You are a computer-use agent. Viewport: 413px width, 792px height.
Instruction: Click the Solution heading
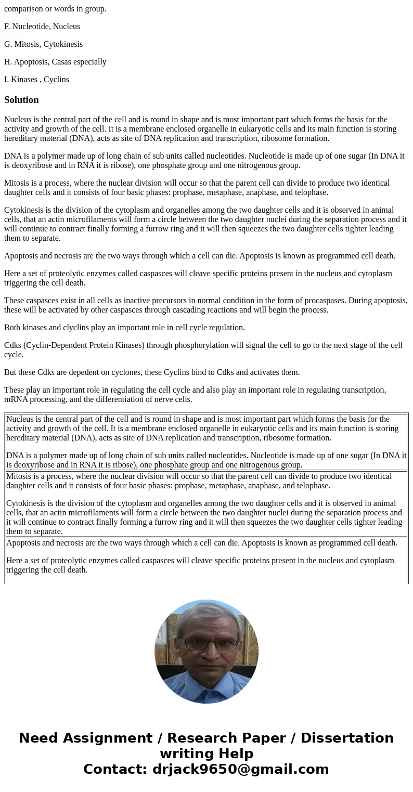21,100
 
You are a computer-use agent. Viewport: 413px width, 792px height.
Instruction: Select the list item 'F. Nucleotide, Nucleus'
42,27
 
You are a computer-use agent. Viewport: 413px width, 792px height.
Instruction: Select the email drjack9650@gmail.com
240,770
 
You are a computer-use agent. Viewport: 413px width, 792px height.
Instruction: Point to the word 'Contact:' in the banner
115,770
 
